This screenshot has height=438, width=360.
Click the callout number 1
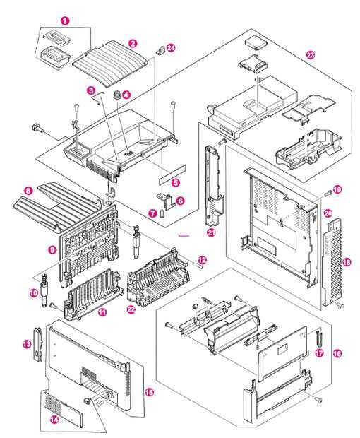tap(65, 20)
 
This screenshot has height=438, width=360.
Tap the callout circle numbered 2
tap(133, 43)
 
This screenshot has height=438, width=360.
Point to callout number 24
tap(171, 48)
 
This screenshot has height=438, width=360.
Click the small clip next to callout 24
tap(160, 51)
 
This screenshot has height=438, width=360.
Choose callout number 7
tap(152, 214)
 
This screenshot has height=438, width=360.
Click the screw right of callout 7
tap(162, 214)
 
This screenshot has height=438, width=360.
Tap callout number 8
tap(28, 191)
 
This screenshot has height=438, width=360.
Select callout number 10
tap(33, 293)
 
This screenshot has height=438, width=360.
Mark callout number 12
tap(203, 261)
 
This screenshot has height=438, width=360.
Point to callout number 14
tap(54, 420)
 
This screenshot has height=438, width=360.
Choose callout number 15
tap(150, 393)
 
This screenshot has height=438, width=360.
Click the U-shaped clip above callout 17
tap(319, 338)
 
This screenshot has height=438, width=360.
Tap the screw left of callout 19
tap(329, 192)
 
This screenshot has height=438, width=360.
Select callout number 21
tap(211, 232)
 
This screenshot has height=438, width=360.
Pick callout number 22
tap(131, 309)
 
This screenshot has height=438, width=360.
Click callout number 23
tap(311, 55)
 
